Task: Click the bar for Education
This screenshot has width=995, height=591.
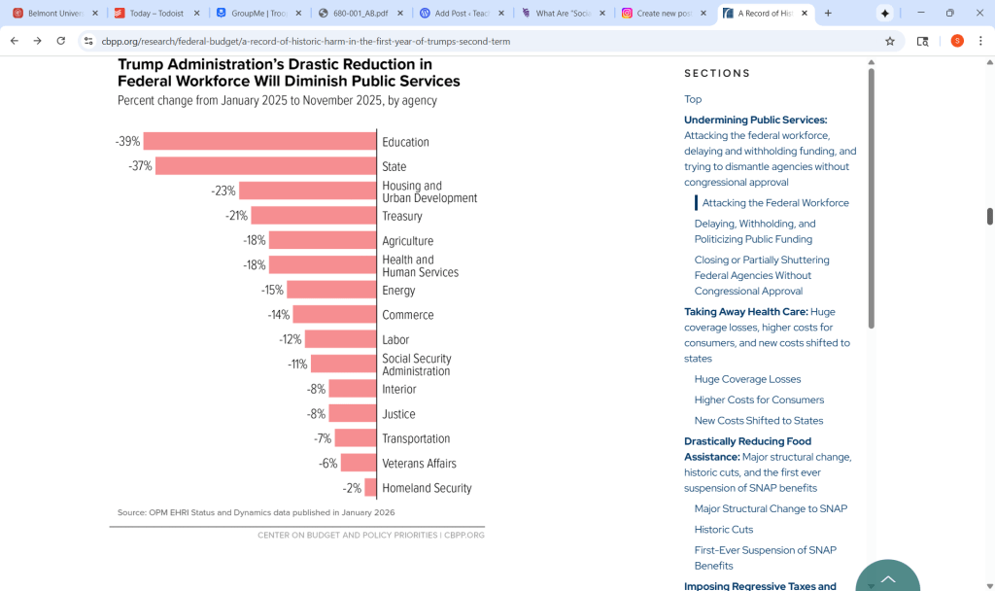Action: click(259, 141)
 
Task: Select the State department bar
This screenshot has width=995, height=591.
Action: click(265, 166)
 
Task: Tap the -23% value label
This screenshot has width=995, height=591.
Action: click(223, 191)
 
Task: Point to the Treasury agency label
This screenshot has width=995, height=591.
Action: click(402, 216)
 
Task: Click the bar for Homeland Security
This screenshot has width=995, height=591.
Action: click(370, 488)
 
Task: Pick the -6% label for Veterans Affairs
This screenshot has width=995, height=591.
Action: click(328, 464)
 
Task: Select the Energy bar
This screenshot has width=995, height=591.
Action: click(331, 290)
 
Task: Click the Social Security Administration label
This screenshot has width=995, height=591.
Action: click(416, 365)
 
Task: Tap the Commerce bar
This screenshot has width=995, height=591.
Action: click(334, 315)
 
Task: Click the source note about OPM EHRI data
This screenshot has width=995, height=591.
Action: click(257, 512)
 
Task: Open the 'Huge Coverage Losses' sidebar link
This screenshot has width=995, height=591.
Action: click(747, 379)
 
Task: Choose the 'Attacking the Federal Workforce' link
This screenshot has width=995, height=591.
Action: click(775, 203)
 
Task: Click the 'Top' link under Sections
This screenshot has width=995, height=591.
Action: click(693, 99)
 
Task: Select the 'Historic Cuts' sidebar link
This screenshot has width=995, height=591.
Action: click(724, 530)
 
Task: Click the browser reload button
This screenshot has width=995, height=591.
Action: click(61, 41)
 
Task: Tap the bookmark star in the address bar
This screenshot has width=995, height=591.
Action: click(889, 41)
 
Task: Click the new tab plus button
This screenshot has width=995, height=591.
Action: click(828, 14)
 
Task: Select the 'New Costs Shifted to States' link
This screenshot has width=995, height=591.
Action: click(759, 421)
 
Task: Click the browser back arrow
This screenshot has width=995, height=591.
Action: click(15, 41)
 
